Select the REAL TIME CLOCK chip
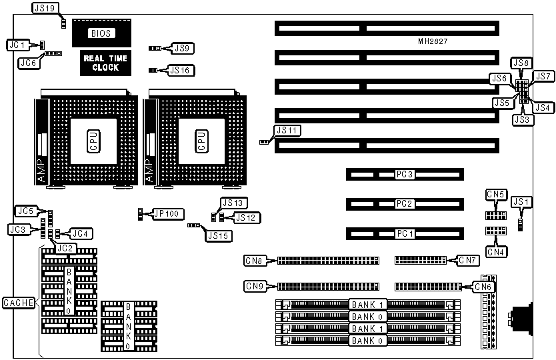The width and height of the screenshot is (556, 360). point(105,63)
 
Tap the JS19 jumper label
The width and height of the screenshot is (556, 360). point(45,9)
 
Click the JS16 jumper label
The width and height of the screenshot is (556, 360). point(182,70)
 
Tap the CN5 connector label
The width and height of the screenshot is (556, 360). point(495,195)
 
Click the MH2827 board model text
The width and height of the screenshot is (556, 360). point(433,41)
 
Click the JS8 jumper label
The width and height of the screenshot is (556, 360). point(520,63)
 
